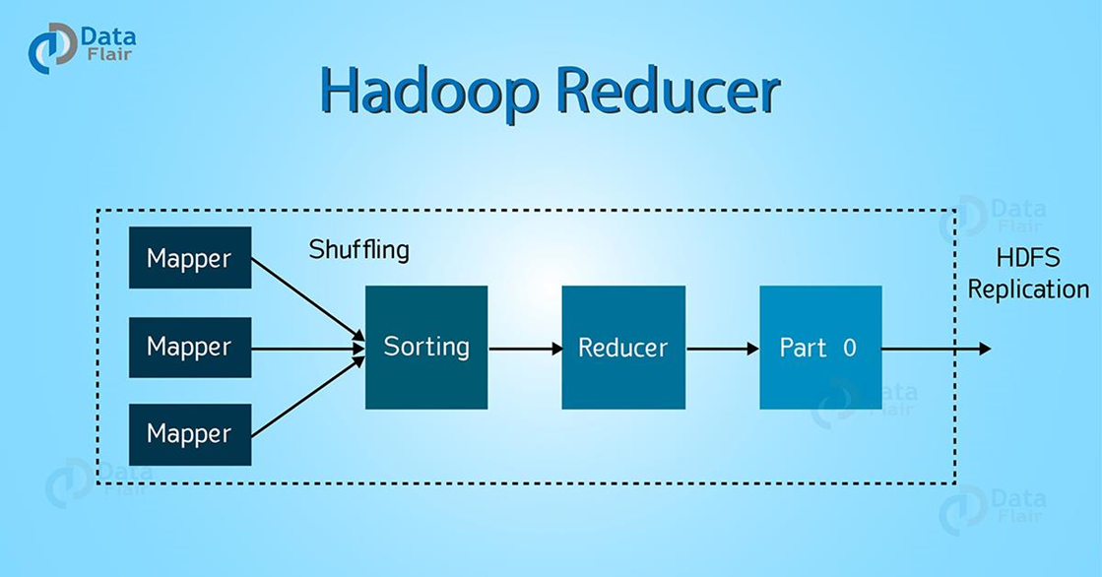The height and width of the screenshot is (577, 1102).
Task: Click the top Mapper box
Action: point(190,258)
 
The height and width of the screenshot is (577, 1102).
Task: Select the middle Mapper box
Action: point(190,347)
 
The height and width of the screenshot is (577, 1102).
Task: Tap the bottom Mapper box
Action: point(190,434)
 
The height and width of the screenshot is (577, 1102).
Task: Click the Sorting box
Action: point(426,347)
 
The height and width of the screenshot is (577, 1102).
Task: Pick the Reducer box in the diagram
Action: point(622,347)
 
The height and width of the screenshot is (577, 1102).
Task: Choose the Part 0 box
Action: point(820,347)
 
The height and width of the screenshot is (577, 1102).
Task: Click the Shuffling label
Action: point(358,249)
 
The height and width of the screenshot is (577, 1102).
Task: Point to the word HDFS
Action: point(1028,258)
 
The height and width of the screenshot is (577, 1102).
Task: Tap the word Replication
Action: point(1028,289)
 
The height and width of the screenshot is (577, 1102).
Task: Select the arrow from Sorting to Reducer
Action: point(524,348)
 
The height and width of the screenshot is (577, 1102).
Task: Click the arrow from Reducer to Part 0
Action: point(721,348)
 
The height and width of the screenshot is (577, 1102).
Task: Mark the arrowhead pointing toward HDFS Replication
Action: point(984,349)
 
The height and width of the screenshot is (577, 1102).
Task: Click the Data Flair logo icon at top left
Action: point(50,47)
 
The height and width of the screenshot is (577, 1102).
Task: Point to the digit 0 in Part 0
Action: point(849,348)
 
